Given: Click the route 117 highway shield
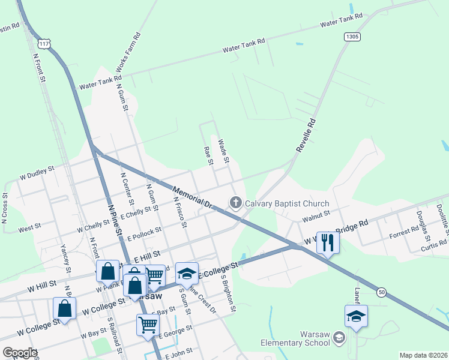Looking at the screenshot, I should (x=43, y=44).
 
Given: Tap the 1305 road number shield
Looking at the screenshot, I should (x=352, y=37).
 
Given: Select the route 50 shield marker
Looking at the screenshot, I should (x=382, y=292).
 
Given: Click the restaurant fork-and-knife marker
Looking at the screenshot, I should (x=328, y=242).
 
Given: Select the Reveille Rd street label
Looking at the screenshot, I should (x=306, y=134).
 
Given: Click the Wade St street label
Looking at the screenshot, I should (x=223, y=151).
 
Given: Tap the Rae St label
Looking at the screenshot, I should (x=208, y=156).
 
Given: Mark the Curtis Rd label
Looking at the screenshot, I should (x=433, y=245).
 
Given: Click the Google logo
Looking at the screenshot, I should (x=20, y=353).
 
